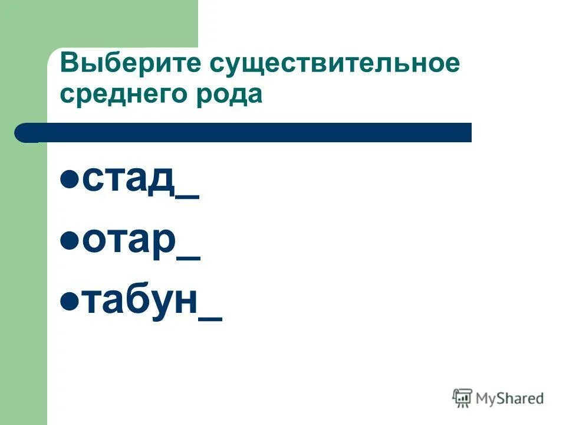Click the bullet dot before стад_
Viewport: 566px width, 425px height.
click(70, 179)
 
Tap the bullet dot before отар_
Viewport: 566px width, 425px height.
click(70, 240)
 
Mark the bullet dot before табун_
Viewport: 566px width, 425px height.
click(70, 301)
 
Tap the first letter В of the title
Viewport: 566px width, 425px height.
click(68, 64)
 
